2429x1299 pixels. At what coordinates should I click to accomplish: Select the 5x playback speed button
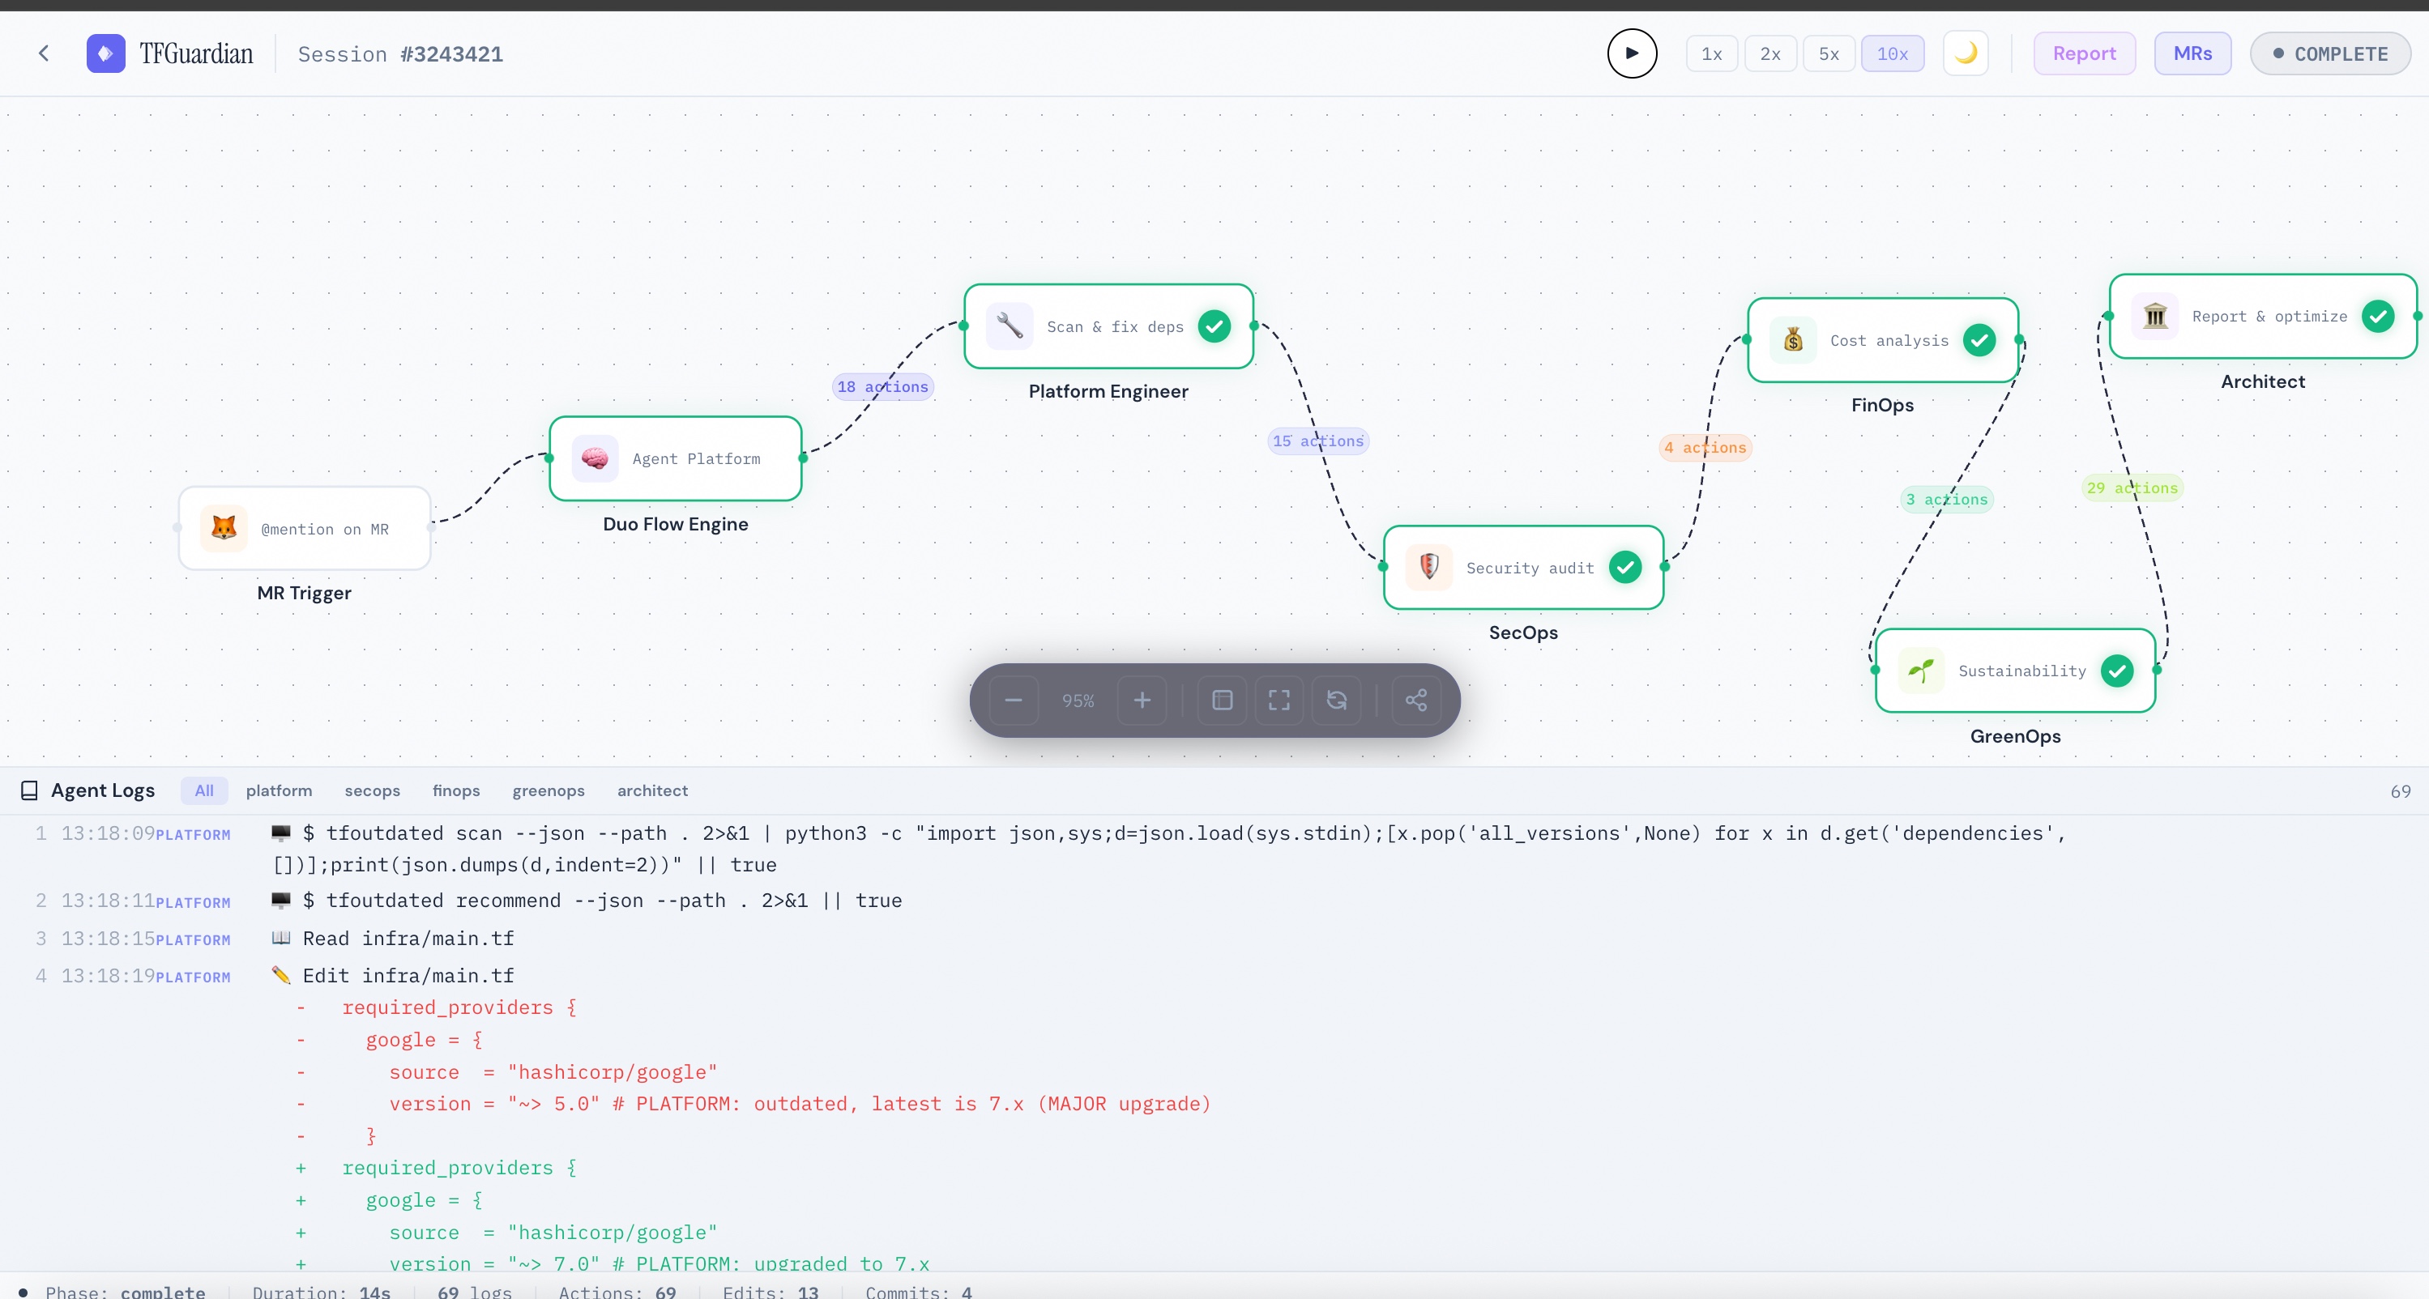(1829, 53)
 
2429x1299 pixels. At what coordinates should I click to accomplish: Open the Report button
(2084, 53)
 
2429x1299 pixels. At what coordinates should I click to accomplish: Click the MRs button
(2192, 53)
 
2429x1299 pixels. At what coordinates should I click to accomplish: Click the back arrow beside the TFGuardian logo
(44, 53)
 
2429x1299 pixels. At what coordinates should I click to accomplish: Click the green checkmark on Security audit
(1624, 568)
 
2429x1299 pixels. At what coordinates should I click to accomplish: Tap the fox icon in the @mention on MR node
(224, 528)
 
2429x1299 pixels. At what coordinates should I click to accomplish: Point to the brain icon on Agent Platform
(594, 458)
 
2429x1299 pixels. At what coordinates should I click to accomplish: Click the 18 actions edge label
(882, 386)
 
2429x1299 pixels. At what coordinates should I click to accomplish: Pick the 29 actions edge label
(2132, 488)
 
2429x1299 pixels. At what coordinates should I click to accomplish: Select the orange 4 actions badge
(1705, 448)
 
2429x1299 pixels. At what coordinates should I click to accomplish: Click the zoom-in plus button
(1142, 701)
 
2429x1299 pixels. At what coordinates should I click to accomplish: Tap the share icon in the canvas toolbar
(1415, 701)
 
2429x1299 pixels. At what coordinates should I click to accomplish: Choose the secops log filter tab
(373, 791)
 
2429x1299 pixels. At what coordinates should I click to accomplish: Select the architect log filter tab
(652, 791)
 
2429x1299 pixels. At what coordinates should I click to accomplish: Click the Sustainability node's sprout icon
(1920, 671)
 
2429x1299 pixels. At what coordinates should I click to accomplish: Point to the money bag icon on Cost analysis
(1792, 339)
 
